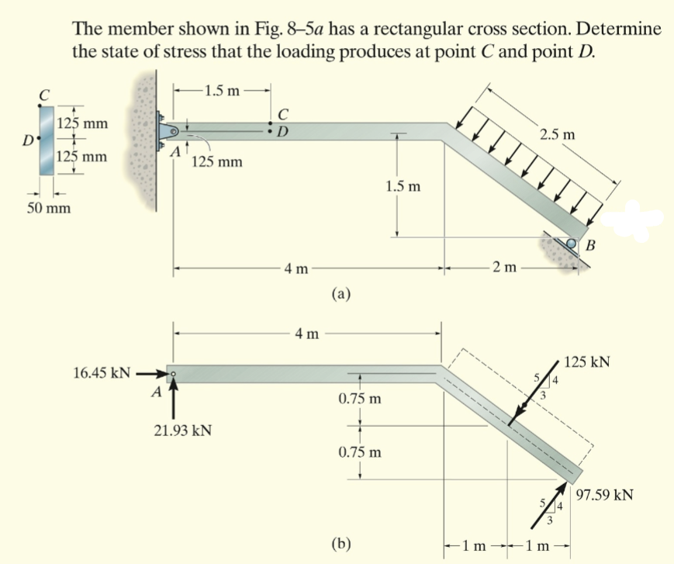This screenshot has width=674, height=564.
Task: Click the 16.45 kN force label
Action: coord(101,373)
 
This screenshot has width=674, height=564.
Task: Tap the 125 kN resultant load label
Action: coord(587,362)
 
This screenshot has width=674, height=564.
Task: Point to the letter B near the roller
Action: coord(591,247)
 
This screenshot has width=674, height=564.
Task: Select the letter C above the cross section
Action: coord(46,95)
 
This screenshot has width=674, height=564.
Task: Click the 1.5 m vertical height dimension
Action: coord(404,187)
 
